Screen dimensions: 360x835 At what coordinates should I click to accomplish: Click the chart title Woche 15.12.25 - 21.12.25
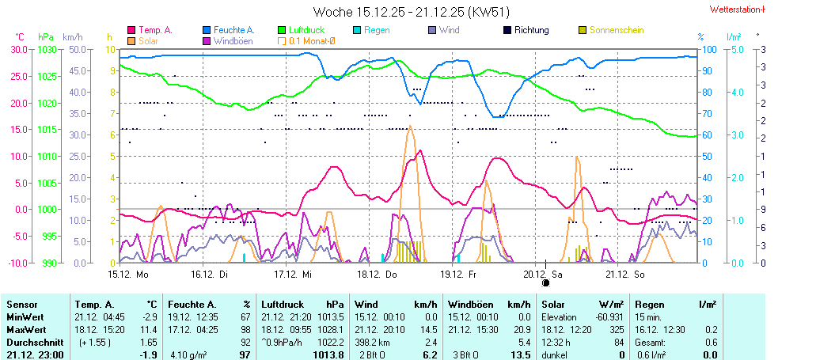411,12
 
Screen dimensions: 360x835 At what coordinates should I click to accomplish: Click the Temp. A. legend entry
155,30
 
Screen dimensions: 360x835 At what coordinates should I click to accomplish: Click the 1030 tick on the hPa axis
47,49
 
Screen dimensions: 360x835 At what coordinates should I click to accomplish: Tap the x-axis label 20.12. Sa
543,274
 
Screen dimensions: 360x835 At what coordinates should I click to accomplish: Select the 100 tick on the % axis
709,49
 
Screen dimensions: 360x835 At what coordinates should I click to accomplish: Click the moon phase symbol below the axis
545,282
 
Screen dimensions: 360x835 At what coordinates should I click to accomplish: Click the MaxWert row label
26,329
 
